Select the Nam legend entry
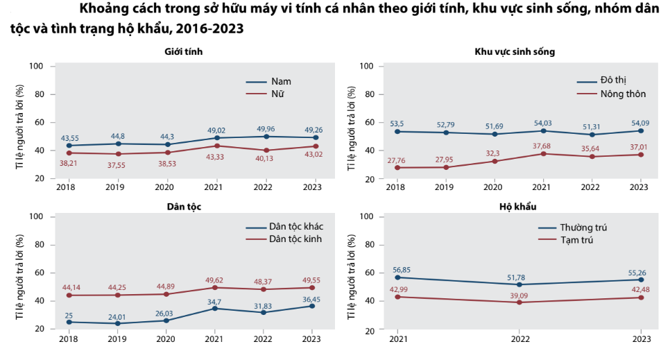tap(280, 81)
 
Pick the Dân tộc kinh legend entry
tap(295, 239)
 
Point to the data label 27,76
tap(396, 160)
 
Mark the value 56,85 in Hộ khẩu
tap(397, 270)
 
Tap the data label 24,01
tap(118, 316)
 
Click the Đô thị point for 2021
tap(542, 130)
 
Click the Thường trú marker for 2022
tap(519, 284)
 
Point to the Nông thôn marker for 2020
tap(494, 161)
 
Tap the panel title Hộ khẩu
tap(517, 207)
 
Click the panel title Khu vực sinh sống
tap(515, 52)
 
